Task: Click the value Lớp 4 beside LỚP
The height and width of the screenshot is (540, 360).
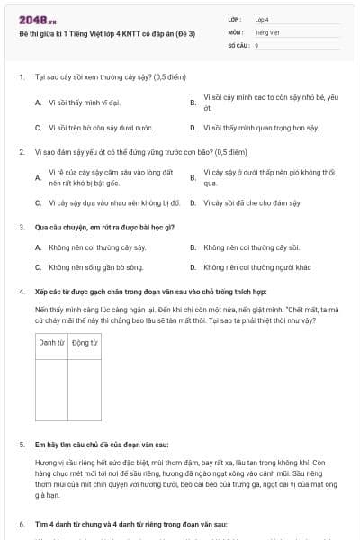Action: click(x=262, y=18)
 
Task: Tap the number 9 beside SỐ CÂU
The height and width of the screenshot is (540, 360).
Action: click(x=257, y=44)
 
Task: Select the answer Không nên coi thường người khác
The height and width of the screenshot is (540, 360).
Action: click(x=256, y=267)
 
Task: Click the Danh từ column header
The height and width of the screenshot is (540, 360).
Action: click(x=51, y=343)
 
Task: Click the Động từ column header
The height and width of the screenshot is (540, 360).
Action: click(x=85, y=343)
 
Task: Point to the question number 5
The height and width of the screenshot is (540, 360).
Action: click(x=21, y=445)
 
